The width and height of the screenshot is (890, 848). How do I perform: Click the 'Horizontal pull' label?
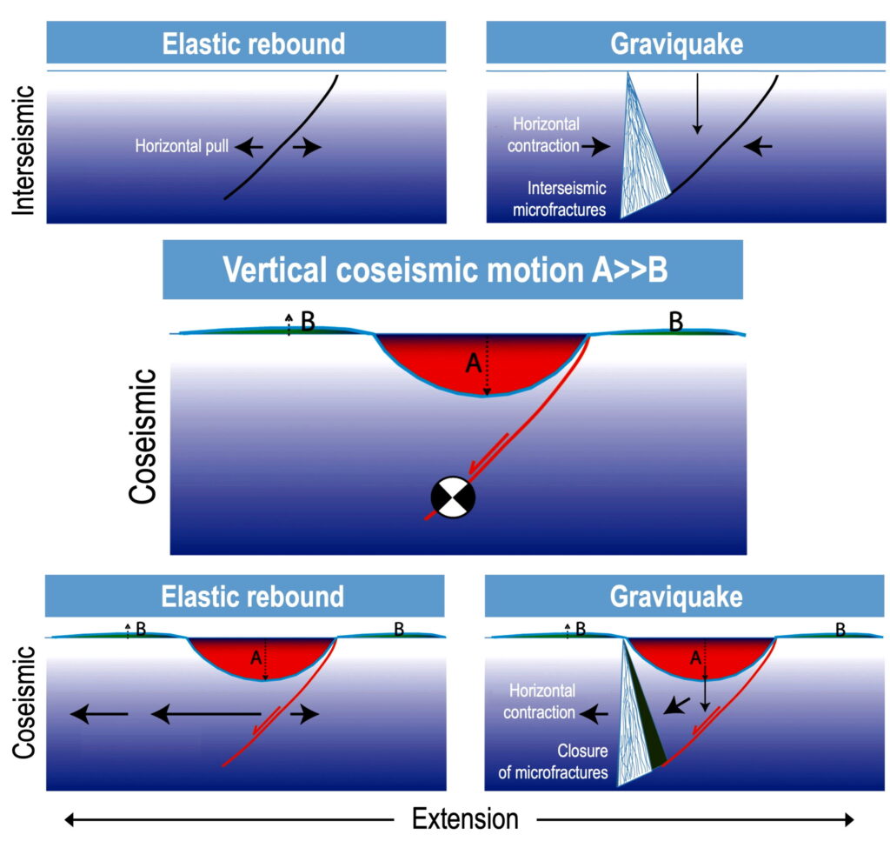[182, 147]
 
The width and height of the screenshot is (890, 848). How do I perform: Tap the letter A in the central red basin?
[474, 364]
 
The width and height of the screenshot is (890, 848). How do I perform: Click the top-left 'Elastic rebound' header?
[253, 43]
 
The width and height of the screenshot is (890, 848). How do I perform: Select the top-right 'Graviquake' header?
[677, 43]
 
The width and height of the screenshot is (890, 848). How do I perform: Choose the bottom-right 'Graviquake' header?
[677, 597]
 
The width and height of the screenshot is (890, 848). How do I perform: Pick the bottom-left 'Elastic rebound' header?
[252, 597]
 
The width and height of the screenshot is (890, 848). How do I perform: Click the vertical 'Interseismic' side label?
[24, 149]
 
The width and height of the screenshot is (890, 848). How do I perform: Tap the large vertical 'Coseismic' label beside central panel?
[143, 436]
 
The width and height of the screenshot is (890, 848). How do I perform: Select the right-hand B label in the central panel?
[675, 322]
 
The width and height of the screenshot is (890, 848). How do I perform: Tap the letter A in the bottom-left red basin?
[256, 659]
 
